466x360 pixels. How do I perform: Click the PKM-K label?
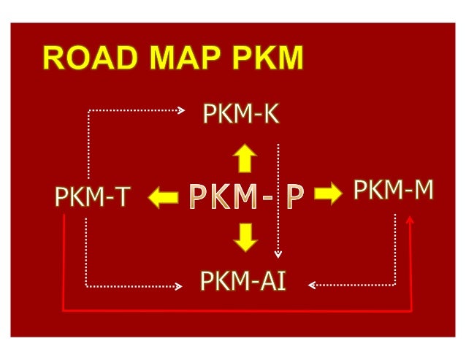point(241,115)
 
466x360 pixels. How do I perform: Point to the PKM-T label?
point(92,196)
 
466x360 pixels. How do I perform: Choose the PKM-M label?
point(394,191)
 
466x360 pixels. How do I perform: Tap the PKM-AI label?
point(243,279)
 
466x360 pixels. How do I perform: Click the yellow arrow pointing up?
point(245,157)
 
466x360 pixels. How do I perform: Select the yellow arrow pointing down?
point(245,235)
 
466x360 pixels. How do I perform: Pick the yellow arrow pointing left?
point(164,196)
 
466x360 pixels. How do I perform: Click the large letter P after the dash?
point(294,196)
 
